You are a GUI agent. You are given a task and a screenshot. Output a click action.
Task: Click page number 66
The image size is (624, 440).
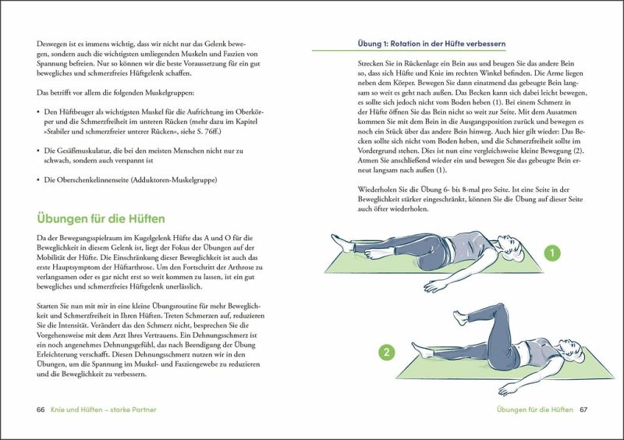click(x=41, y=410)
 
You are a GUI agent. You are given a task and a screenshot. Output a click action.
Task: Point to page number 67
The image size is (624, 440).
click(x=583, y=410)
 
